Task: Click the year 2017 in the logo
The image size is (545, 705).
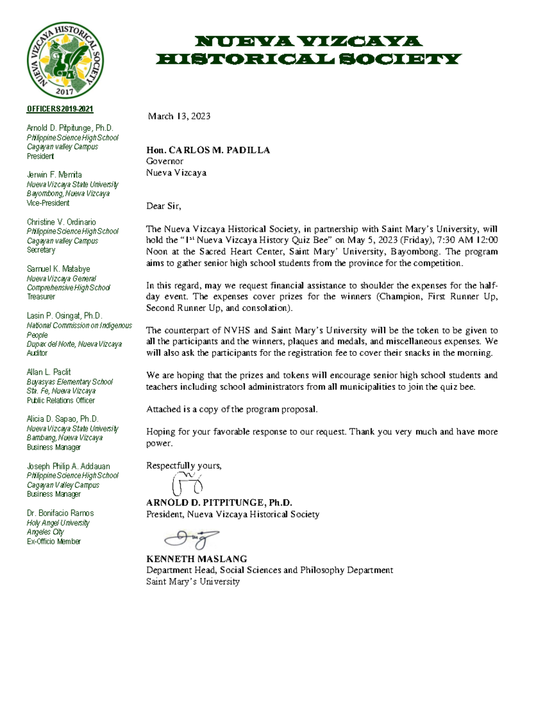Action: tap(64, 91)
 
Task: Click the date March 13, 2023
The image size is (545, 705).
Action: tap(179, 116)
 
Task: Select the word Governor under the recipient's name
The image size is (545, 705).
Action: tap(164, 161)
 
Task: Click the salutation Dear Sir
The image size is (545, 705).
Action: tap(163, 206)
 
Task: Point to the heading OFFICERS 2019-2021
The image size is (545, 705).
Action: tap(60, 109)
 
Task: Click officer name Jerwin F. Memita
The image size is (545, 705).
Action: tap(54, 175)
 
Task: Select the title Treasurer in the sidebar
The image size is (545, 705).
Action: tap(41, 296)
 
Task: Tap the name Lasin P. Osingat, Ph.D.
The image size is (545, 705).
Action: tap(64, 316)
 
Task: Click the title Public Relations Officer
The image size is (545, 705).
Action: tap(60, 400)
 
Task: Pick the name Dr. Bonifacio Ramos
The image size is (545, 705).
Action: tap(60, 513)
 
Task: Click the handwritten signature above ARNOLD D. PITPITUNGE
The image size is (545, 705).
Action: tap(187, 484)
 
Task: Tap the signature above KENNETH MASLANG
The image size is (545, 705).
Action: tap(192, 539)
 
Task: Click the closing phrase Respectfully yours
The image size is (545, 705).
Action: tap(183, 466)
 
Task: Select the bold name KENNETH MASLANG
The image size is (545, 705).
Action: tap(196, 559)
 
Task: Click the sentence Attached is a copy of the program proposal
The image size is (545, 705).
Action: tap(232, 409)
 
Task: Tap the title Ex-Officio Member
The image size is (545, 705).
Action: tap(54, 541)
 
